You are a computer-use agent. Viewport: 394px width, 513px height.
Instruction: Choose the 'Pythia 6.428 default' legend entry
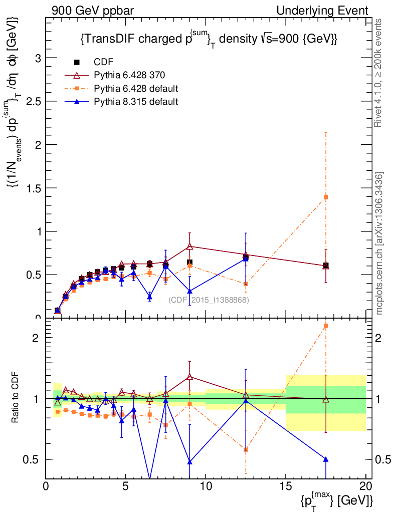[x=136, y=89]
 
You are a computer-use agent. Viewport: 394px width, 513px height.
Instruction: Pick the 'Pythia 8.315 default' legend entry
[x=136, y=102]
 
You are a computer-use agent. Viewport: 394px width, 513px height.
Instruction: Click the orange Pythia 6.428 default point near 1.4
[x=326, y=197]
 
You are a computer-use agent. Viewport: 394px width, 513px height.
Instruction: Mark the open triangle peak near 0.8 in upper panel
[x=189, y=246]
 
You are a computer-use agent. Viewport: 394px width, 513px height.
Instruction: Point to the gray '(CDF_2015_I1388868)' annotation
[x=209, y=300]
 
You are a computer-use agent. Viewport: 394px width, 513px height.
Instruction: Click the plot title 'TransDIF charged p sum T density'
[x=208, y=39]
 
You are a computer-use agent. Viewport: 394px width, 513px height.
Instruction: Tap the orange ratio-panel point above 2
[x=326, y=326]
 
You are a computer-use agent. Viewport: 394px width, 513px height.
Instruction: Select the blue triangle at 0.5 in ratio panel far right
[x=326, y=459]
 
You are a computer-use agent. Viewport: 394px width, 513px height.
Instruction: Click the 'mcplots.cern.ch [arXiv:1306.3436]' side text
[x=379, y=243]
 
